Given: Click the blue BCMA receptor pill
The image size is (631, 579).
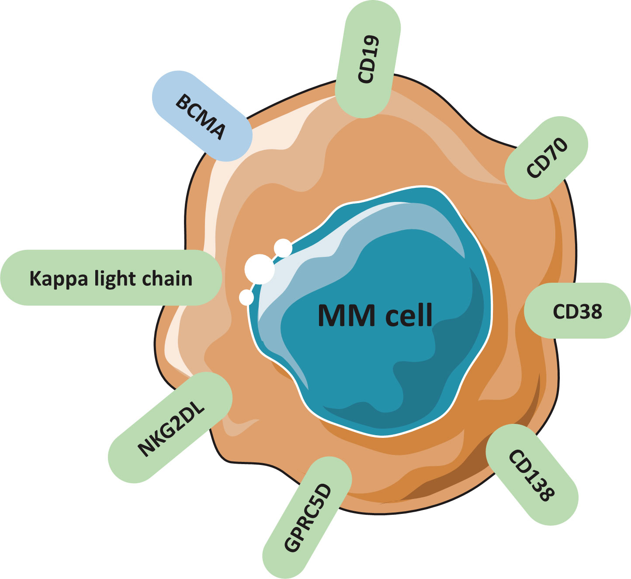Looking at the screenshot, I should click(x=201, y=116).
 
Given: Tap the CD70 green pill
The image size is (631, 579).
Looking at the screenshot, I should click(x=546, y=158).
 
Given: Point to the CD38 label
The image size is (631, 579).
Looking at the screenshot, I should click(x=577, y=311).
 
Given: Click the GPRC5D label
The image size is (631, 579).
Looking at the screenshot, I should click(x=308, y=518).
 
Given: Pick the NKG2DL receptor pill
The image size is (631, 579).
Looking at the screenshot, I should click(x=170, y=428).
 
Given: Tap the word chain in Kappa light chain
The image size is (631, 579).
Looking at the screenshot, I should click(x=169, y=278).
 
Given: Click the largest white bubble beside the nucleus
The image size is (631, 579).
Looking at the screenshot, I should click(x=260, y=269).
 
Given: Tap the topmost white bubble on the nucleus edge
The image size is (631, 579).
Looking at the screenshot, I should click(x=283, y=248).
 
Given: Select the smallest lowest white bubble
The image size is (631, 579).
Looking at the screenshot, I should click(x=246, y=298).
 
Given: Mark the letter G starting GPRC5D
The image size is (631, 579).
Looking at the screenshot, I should click(x=292, y=544).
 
